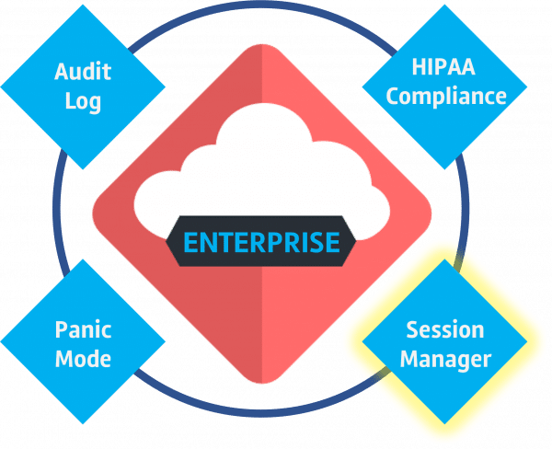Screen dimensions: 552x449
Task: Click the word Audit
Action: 83,71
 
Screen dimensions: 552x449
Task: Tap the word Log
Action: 83,101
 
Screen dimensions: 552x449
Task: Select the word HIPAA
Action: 443,66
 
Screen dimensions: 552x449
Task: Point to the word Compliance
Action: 446,96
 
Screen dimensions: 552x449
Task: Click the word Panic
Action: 83,329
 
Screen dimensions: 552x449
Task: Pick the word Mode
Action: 83,359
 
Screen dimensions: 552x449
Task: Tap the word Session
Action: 445,329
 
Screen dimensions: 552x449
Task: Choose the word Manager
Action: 445,361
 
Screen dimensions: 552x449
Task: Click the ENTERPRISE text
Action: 261,242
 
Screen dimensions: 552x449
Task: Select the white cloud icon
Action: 262,173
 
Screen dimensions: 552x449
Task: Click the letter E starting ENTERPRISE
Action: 191,242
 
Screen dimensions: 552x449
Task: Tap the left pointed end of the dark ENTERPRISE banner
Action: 167,241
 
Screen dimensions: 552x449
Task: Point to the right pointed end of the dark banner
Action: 355,241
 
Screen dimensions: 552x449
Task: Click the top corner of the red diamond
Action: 262,45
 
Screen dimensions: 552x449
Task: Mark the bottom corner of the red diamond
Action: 262,383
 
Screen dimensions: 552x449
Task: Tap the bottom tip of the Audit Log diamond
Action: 83,169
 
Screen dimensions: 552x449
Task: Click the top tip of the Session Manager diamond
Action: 444,259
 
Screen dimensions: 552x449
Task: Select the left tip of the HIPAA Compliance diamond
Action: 362,86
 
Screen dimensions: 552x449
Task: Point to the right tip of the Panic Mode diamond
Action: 166,341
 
